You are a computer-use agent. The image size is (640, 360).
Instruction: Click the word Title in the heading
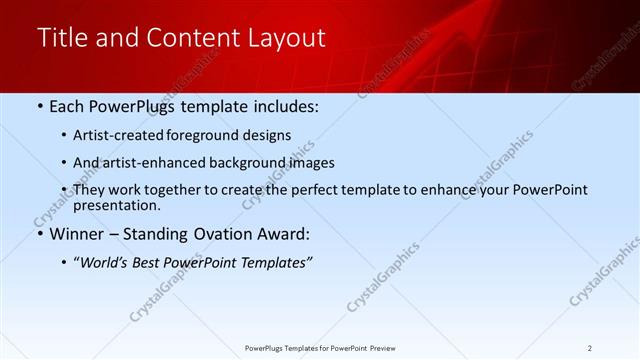(x=61, y=38)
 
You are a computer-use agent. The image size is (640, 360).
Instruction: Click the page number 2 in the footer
(x=590, y=347)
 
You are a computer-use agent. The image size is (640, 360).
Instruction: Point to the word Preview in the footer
(x=389, y=347)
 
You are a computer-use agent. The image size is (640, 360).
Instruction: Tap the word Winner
(x=77, y=235)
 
